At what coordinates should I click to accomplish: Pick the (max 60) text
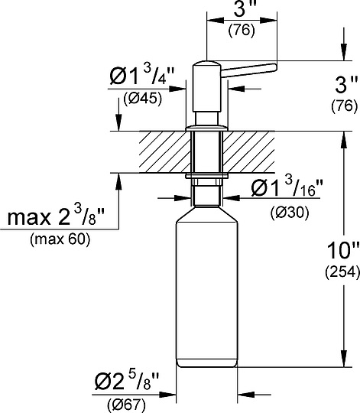(59, 239)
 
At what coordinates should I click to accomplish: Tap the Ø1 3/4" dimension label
(142, 76)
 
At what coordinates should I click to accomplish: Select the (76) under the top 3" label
(242, 31)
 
